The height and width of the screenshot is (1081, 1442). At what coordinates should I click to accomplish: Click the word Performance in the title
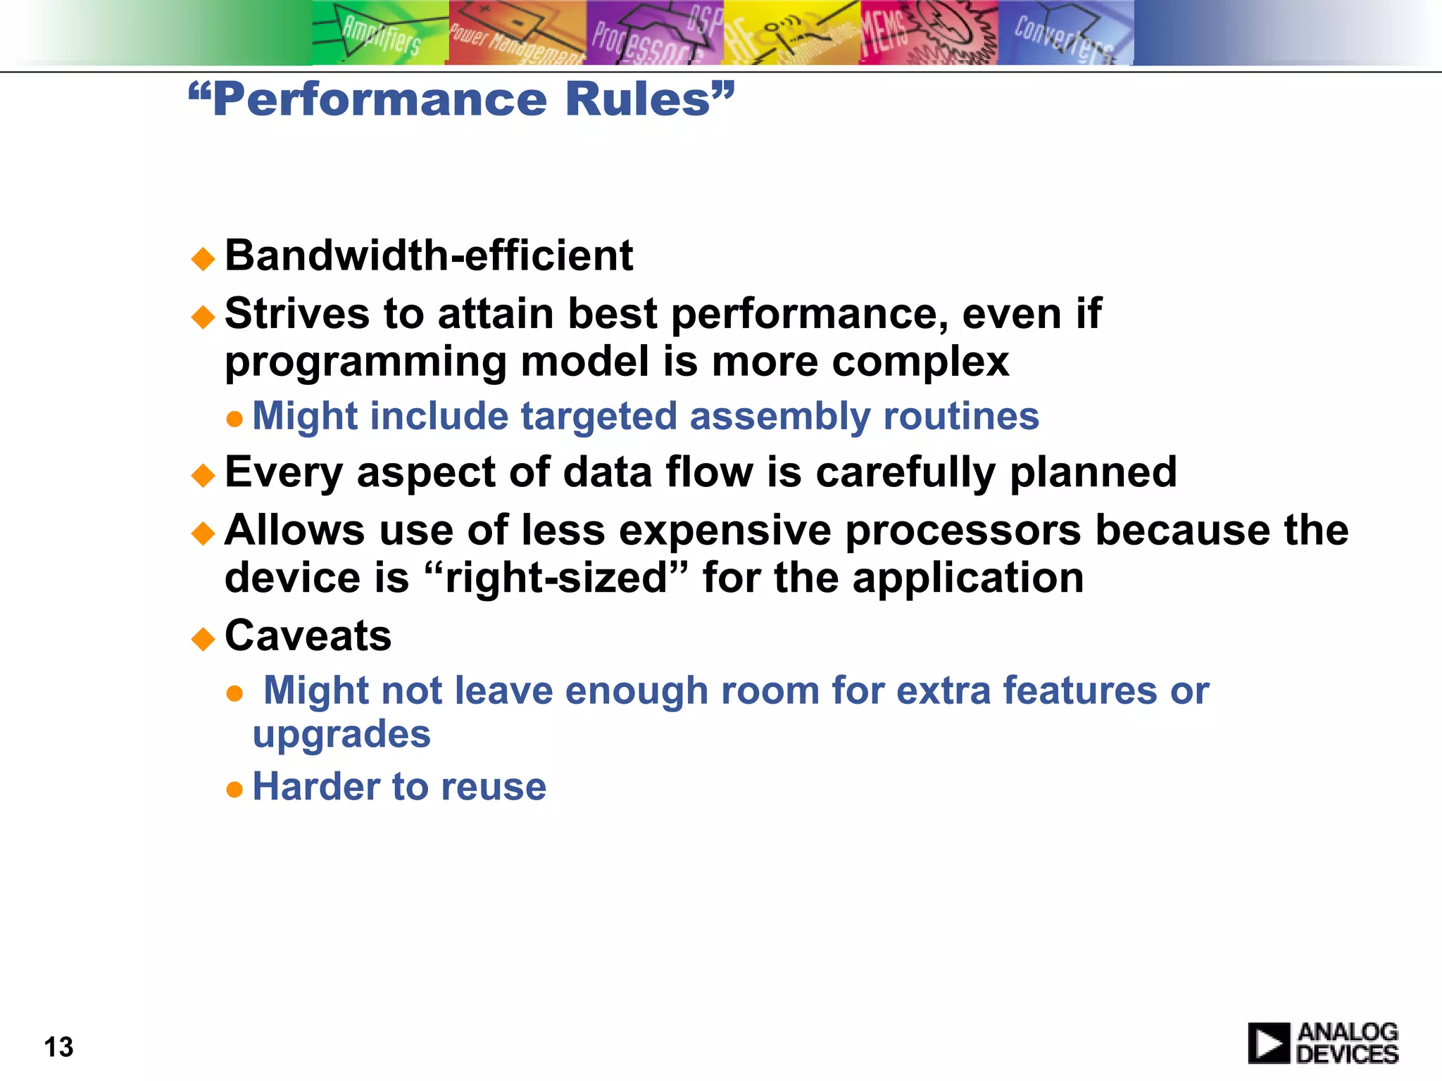(x=380, y=99)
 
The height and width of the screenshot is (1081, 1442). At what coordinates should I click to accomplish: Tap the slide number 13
(x=58, y=1047)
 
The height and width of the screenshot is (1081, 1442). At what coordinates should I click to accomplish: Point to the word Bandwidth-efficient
(x=428, y=255)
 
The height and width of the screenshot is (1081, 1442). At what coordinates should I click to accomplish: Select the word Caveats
(x=308, y=636)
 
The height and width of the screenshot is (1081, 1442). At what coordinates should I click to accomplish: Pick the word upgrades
(x=341, y=735)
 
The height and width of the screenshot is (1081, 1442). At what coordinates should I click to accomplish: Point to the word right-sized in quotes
(x=556, y=579)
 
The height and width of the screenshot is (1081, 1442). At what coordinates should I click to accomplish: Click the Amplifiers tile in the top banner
(x=380, y=33)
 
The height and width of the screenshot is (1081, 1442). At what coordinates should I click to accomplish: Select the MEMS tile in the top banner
(x=928, y=33)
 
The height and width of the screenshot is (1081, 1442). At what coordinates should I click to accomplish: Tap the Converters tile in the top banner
(x=1065, y=33)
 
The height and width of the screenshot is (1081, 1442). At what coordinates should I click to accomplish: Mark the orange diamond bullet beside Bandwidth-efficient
(x=203, y=259)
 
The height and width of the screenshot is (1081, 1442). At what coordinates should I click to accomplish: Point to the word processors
(x=963, y=531)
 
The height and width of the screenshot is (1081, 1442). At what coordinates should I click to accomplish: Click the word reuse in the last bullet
(x=493, y=787)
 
